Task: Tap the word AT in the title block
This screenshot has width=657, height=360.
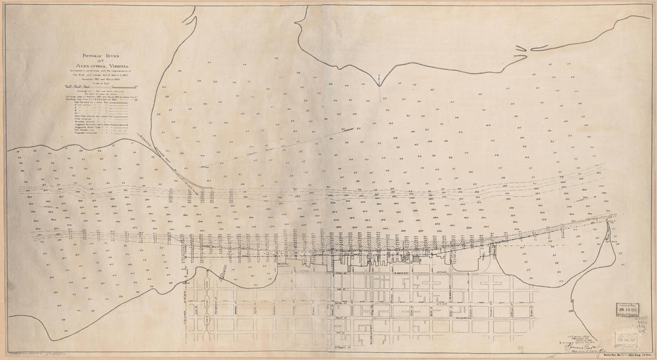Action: pyautogui.click(x=102, y=60)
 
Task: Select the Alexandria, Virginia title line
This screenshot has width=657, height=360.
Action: pyautogui.click(x=102, y=66)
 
